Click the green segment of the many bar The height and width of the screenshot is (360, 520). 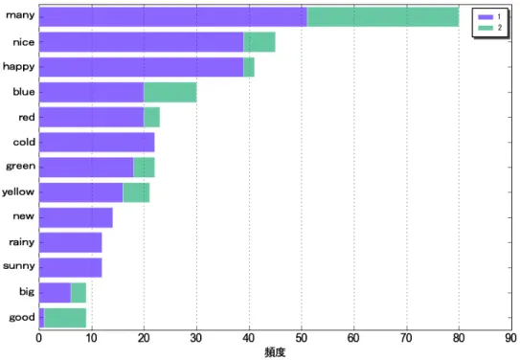point(383,17)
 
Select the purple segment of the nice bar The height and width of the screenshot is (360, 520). point(142,42)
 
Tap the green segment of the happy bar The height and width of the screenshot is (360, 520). point(249,67)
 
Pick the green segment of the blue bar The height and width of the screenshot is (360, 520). point(170,92)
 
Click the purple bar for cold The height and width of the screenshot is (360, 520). point(97,143)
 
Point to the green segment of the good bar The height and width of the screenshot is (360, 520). point(65,318)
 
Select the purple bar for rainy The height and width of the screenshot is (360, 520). point(70,242)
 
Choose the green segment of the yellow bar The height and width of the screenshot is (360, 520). point(136,192)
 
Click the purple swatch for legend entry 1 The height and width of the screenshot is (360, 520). point(486,17)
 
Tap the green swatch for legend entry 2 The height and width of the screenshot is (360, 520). point(486,28)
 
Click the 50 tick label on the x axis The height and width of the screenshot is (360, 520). point(301,338)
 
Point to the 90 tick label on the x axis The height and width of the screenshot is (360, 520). point(511,338)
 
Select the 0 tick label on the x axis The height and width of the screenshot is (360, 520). point(39,338)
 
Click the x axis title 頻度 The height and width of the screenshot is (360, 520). point(275,352)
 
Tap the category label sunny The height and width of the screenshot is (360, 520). point(19,266)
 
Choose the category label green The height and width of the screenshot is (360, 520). point(20,166)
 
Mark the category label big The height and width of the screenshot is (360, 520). point(27,292)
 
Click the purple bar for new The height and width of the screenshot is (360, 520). point(76,217)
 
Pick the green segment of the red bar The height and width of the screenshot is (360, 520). point(152,118)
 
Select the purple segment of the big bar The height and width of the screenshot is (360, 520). point(55,293)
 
